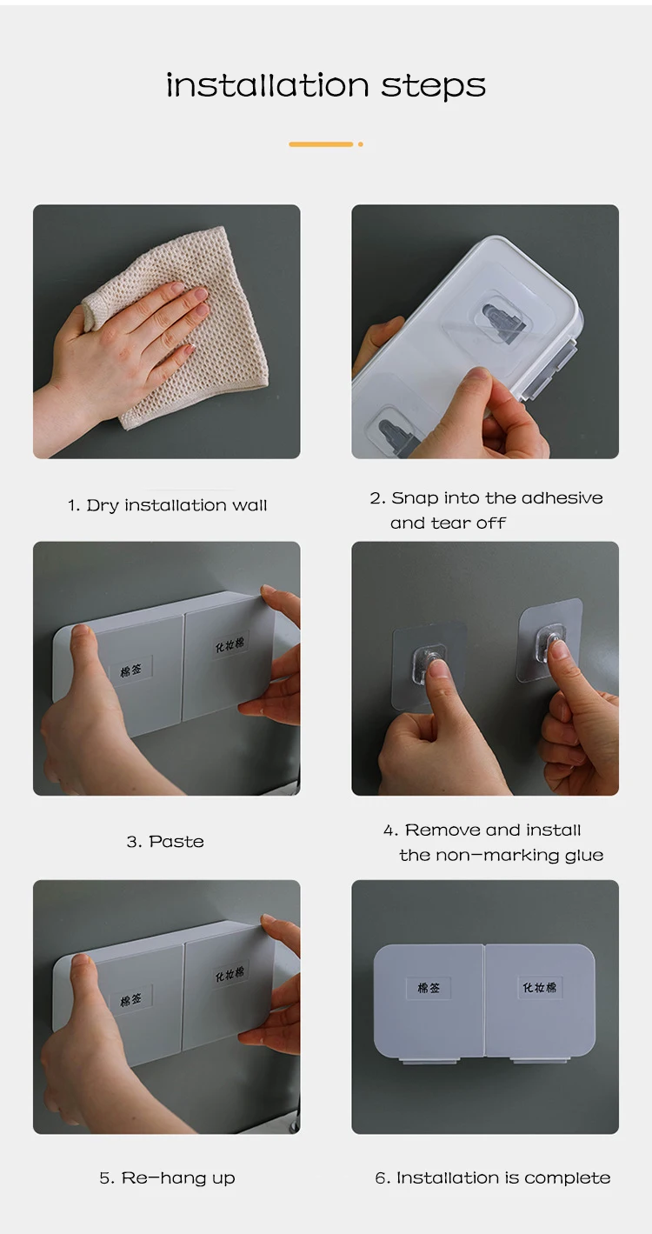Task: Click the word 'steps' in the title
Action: pyautogui.click(x=434, y=86)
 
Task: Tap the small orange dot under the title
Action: pyautogui.click(x=361, y=144)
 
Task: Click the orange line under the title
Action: pyautogui.click(x=321, y=144)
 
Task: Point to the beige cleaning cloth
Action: pyautogui.click(x=182, y=325)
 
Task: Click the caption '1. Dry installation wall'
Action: pyautogui.click(x=168, y=505)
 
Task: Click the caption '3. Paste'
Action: pyautogui.click(x=165, y=841)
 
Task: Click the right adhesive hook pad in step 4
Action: pyautogui.click(x=550, y=640)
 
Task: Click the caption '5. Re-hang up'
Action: pyautogui.click(x=168, y=1177)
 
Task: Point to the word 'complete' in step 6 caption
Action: pyautogui.click(x=567, y=1178)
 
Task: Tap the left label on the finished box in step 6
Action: pyautogui.click(x=429, y=988)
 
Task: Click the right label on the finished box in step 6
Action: pyautogui.click(x=539, y=987)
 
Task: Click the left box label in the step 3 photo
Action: pyautogui.click(x=131, y=670)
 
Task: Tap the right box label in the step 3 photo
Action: pyautogui.click(x=230, y=644)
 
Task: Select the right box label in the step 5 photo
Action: pyautogui.click(x=230, y=974)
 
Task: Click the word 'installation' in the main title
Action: pyautogui.click(x=268, y=85)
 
